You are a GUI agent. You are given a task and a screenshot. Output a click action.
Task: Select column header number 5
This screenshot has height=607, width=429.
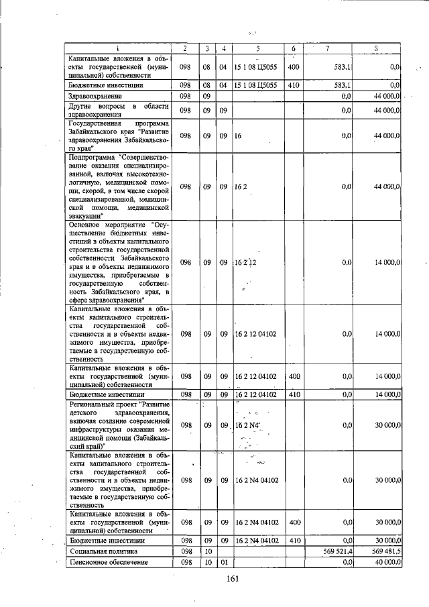[x=257, y=48]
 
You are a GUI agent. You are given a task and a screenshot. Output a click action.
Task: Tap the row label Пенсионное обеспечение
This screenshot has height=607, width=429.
[x=108, y=562]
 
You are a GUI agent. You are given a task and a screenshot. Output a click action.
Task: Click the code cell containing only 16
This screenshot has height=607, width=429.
[x=238, y=135]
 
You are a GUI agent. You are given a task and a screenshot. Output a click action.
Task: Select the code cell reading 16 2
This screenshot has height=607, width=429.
[x=241, y=186]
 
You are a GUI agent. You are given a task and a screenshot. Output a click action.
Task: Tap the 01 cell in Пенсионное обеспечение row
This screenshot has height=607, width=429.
[x=224, y=562]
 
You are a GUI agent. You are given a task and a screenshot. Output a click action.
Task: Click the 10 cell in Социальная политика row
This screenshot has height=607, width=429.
[x=208, y=551]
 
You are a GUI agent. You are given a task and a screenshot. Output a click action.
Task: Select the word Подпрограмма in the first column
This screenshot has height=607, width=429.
[x=91, y=157]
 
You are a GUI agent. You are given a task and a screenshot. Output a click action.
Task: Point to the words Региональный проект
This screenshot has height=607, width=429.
[x=101, y=405]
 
